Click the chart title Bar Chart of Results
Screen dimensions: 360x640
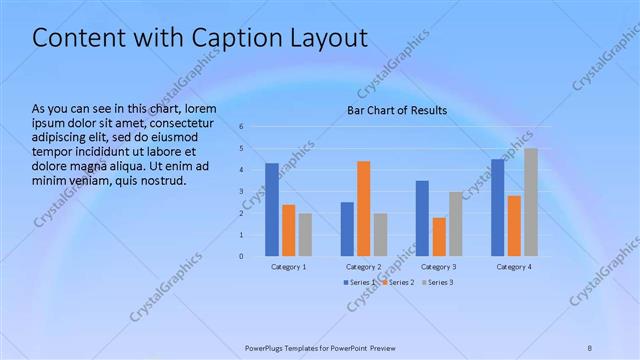point(397,110)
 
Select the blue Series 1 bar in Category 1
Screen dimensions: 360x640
point(272,209)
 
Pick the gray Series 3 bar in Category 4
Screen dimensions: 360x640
point(530,202)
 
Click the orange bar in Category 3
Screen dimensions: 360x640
point(439,236)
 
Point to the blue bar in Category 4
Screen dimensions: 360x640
point(498,207)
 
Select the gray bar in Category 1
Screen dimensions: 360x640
point(305,234)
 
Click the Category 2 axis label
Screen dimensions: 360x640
point(364,267)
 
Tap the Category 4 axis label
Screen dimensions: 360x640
point(515,267)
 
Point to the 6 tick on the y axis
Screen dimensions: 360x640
point(242,127)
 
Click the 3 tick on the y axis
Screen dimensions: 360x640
point(242,191)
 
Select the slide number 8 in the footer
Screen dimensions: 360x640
point(590,348)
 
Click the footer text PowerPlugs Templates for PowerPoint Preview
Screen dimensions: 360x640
point(320,348)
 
